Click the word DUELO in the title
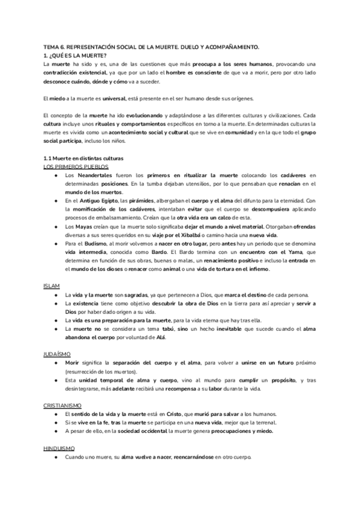[x=192, y=46]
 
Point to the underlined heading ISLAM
[x=52, y=285]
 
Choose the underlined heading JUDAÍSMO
[x=58, y=354]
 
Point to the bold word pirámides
[x=136, y=200]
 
